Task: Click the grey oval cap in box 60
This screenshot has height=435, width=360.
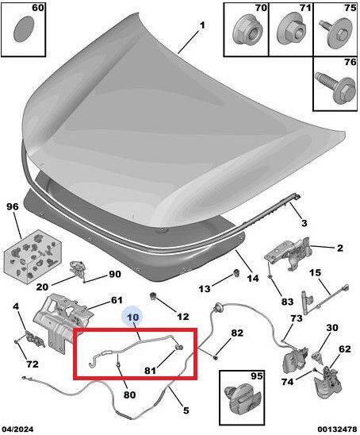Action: pyautogui.click(x=23, y=29)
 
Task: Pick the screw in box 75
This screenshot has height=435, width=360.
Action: pyautogui.click(x=335, y=33)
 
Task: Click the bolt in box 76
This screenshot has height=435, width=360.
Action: pyautogui.click(x=336, y=87)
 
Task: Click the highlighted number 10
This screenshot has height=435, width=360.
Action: pyautogui.click(x=132, y=317)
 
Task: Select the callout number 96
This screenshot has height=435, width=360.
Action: pyautogui.click(x=13, y=206)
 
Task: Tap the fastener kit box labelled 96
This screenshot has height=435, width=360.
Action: pyautogui.click(x=32, y=256)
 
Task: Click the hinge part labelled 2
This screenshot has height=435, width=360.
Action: pyautogui.click(x=289, y=252)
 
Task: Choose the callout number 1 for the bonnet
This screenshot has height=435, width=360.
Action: pyautogui.click(x=202, y=25)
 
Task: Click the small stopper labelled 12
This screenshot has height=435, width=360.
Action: pyautogui.click(x=152, y=297)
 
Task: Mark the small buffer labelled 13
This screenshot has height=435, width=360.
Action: pyautogui.click(x=236, y=273)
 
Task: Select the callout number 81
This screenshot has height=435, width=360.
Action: pyautogui.click(x=150, y=371)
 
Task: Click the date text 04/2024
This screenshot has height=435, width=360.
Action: pyautogui.click(x=17, y=429)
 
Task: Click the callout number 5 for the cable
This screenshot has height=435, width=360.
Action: pyautogui.click(x=186, y=410)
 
